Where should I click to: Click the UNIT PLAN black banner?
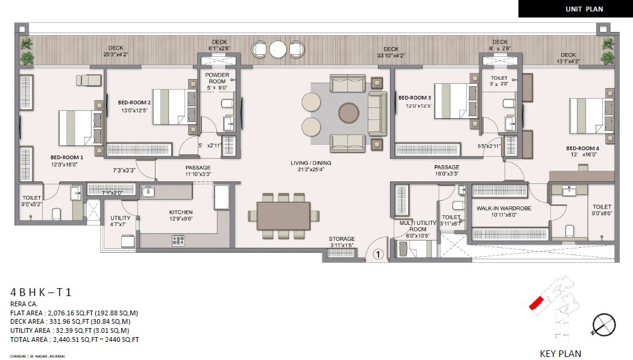575,8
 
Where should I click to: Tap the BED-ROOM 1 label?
67,158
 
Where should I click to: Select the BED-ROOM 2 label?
134,103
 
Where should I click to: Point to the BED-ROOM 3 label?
415,98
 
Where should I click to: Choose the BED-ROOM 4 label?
582,148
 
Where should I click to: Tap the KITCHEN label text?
181,212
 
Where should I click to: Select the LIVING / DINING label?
310,163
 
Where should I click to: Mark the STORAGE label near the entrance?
342,239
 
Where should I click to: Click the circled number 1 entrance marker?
378,255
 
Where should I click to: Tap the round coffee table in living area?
349,112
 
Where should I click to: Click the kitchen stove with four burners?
178,241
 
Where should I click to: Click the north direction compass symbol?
603,326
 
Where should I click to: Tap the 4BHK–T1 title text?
41,292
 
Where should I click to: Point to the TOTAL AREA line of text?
75,339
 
